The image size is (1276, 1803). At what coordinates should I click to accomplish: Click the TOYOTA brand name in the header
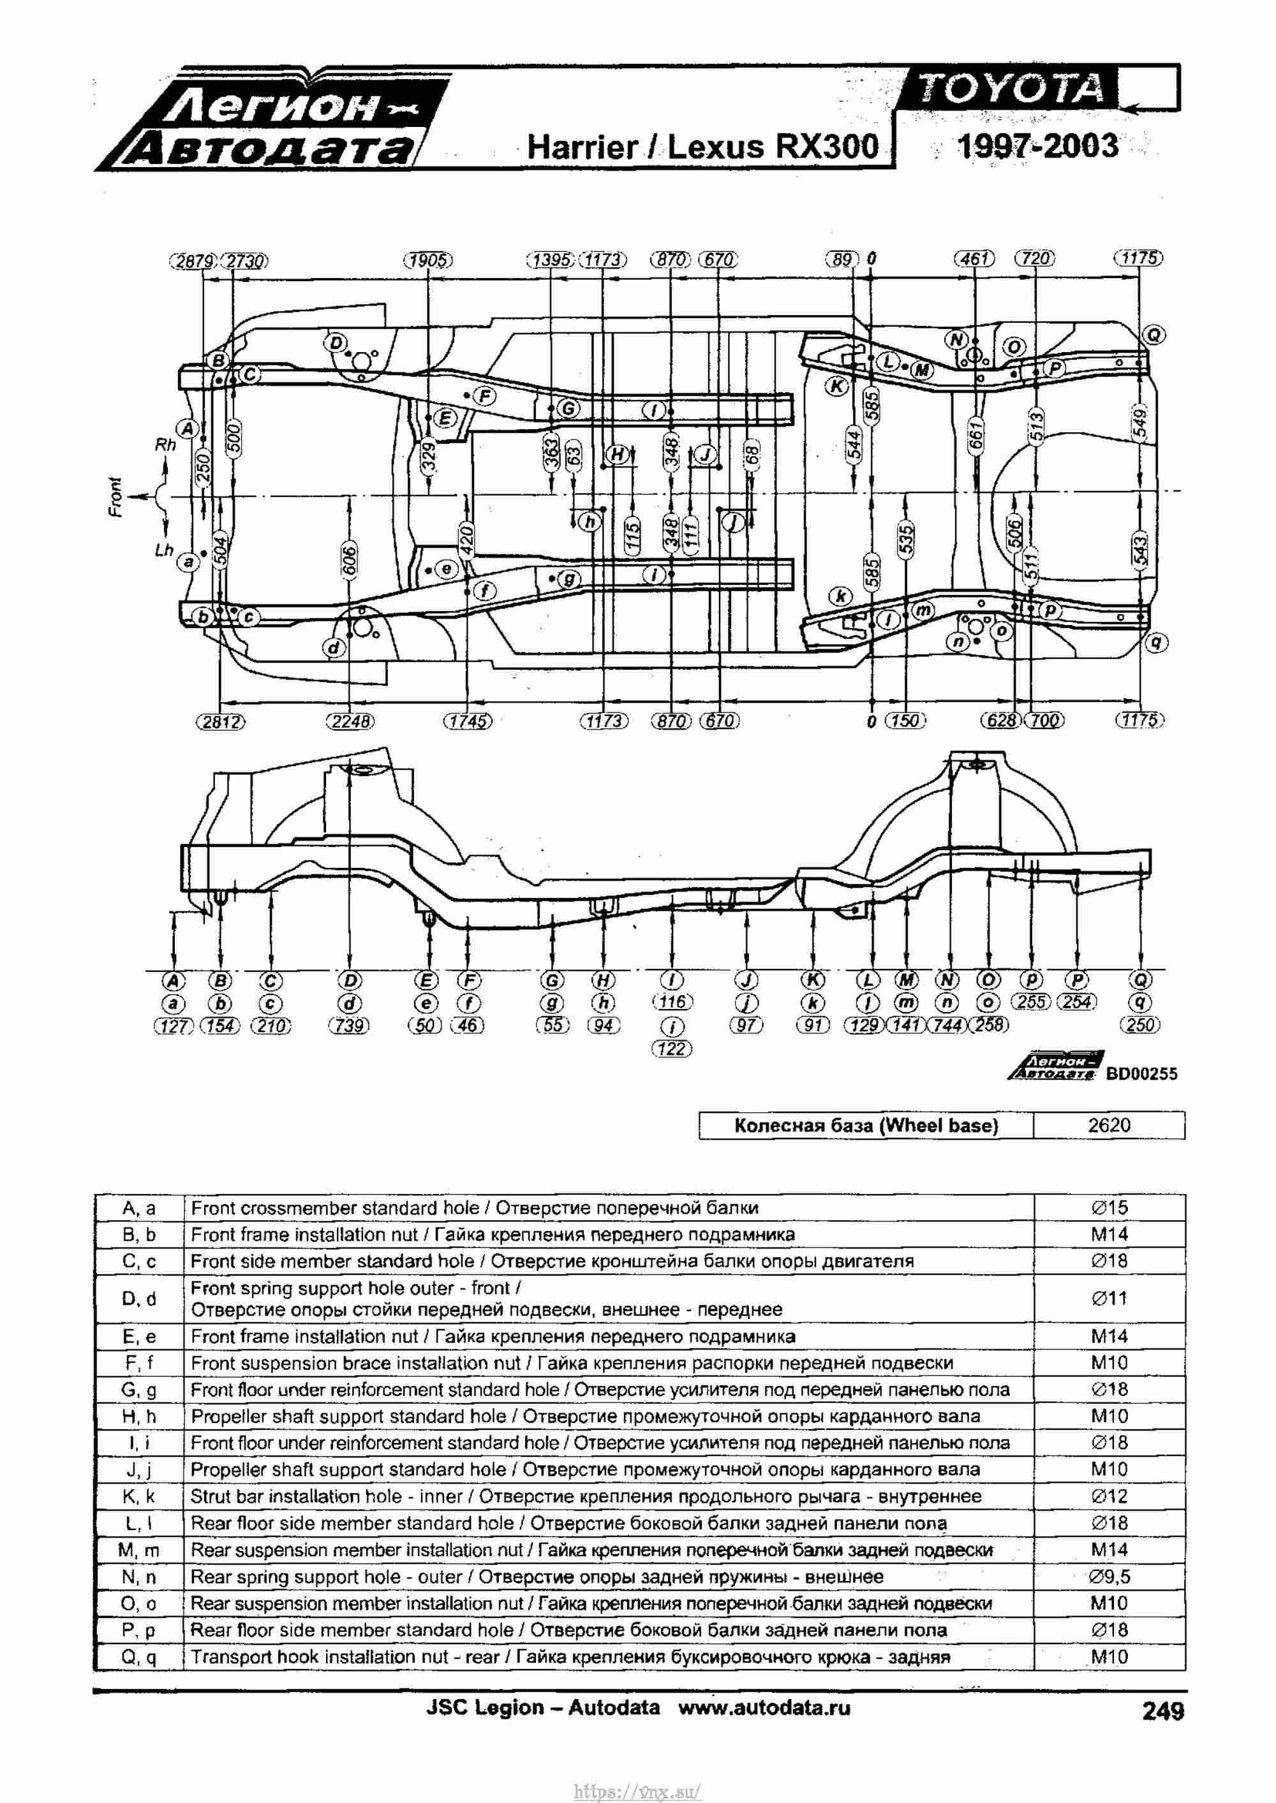(x=1012, y=89)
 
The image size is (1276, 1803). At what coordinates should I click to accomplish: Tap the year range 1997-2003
(x=1037, y=146)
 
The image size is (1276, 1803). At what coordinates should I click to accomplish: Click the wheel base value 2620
(x=1109, y=1125)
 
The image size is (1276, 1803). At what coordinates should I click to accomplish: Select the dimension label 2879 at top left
(x=193, y=261)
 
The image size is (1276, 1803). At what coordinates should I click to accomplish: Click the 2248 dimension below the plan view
(x=350, y=721)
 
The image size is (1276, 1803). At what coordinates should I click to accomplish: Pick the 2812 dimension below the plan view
(x=221, y=721)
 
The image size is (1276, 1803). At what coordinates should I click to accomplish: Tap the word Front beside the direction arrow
(x=116, y=497)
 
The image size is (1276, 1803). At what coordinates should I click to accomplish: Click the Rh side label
(x=165, y=445)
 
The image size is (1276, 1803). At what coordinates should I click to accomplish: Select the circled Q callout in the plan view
(x=1154, y=335)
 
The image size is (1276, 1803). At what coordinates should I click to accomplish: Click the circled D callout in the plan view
(x=336, y=342)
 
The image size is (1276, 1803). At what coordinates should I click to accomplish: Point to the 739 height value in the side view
(x=349, y=1026)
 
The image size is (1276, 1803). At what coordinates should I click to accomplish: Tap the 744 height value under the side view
(x=947, y=1025)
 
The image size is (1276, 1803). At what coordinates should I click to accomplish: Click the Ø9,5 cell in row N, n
(x=1109, y=1576)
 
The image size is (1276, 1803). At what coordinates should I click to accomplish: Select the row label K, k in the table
(x=139, y=1496)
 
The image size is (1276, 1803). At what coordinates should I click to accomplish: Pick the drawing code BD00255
(x=1141, y=1073)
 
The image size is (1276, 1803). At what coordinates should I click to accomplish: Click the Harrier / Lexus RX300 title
(x=702, y=147)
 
